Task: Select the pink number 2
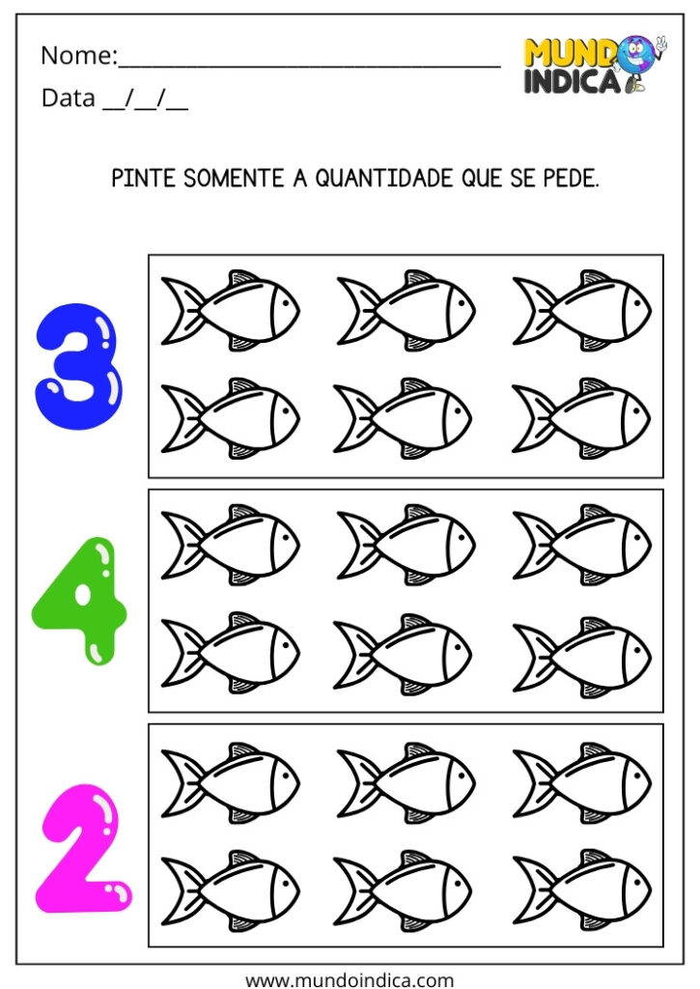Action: [83, 848]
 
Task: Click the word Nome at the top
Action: [76, 56]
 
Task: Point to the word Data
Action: [69, 99]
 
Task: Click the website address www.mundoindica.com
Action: [350, 979]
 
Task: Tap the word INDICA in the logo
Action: [572, 82]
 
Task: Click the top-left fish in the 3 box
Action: [231, 310]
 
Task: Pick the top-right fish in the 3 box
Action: [582, 310]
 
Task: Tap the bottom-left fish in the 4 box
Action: [231, 653]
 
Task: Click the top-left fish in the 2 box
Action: [231, 781]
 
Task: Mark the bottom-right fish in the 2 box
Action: [582, 890]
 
